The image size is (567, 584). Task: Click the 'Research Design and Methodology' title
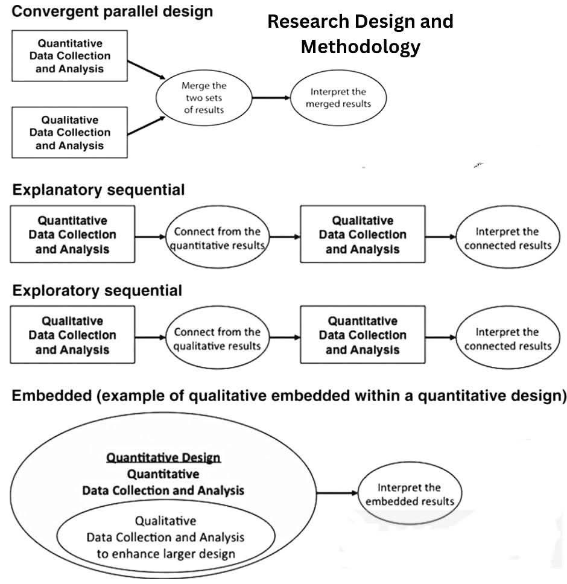360,34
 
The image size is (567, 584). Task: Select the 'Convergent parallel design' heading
112,11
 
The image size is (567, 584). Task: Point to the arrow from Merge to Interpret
271,98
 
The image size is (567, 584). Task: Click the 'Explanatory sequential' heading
99,190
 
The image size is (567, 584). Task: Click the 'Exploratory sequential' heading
97,291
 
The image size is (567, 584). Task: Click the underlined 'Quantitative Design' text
163,457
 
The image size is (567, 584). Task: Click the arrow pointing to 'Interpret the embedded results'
337,493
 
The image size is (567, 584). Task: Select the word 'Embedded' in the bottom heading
52,396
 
